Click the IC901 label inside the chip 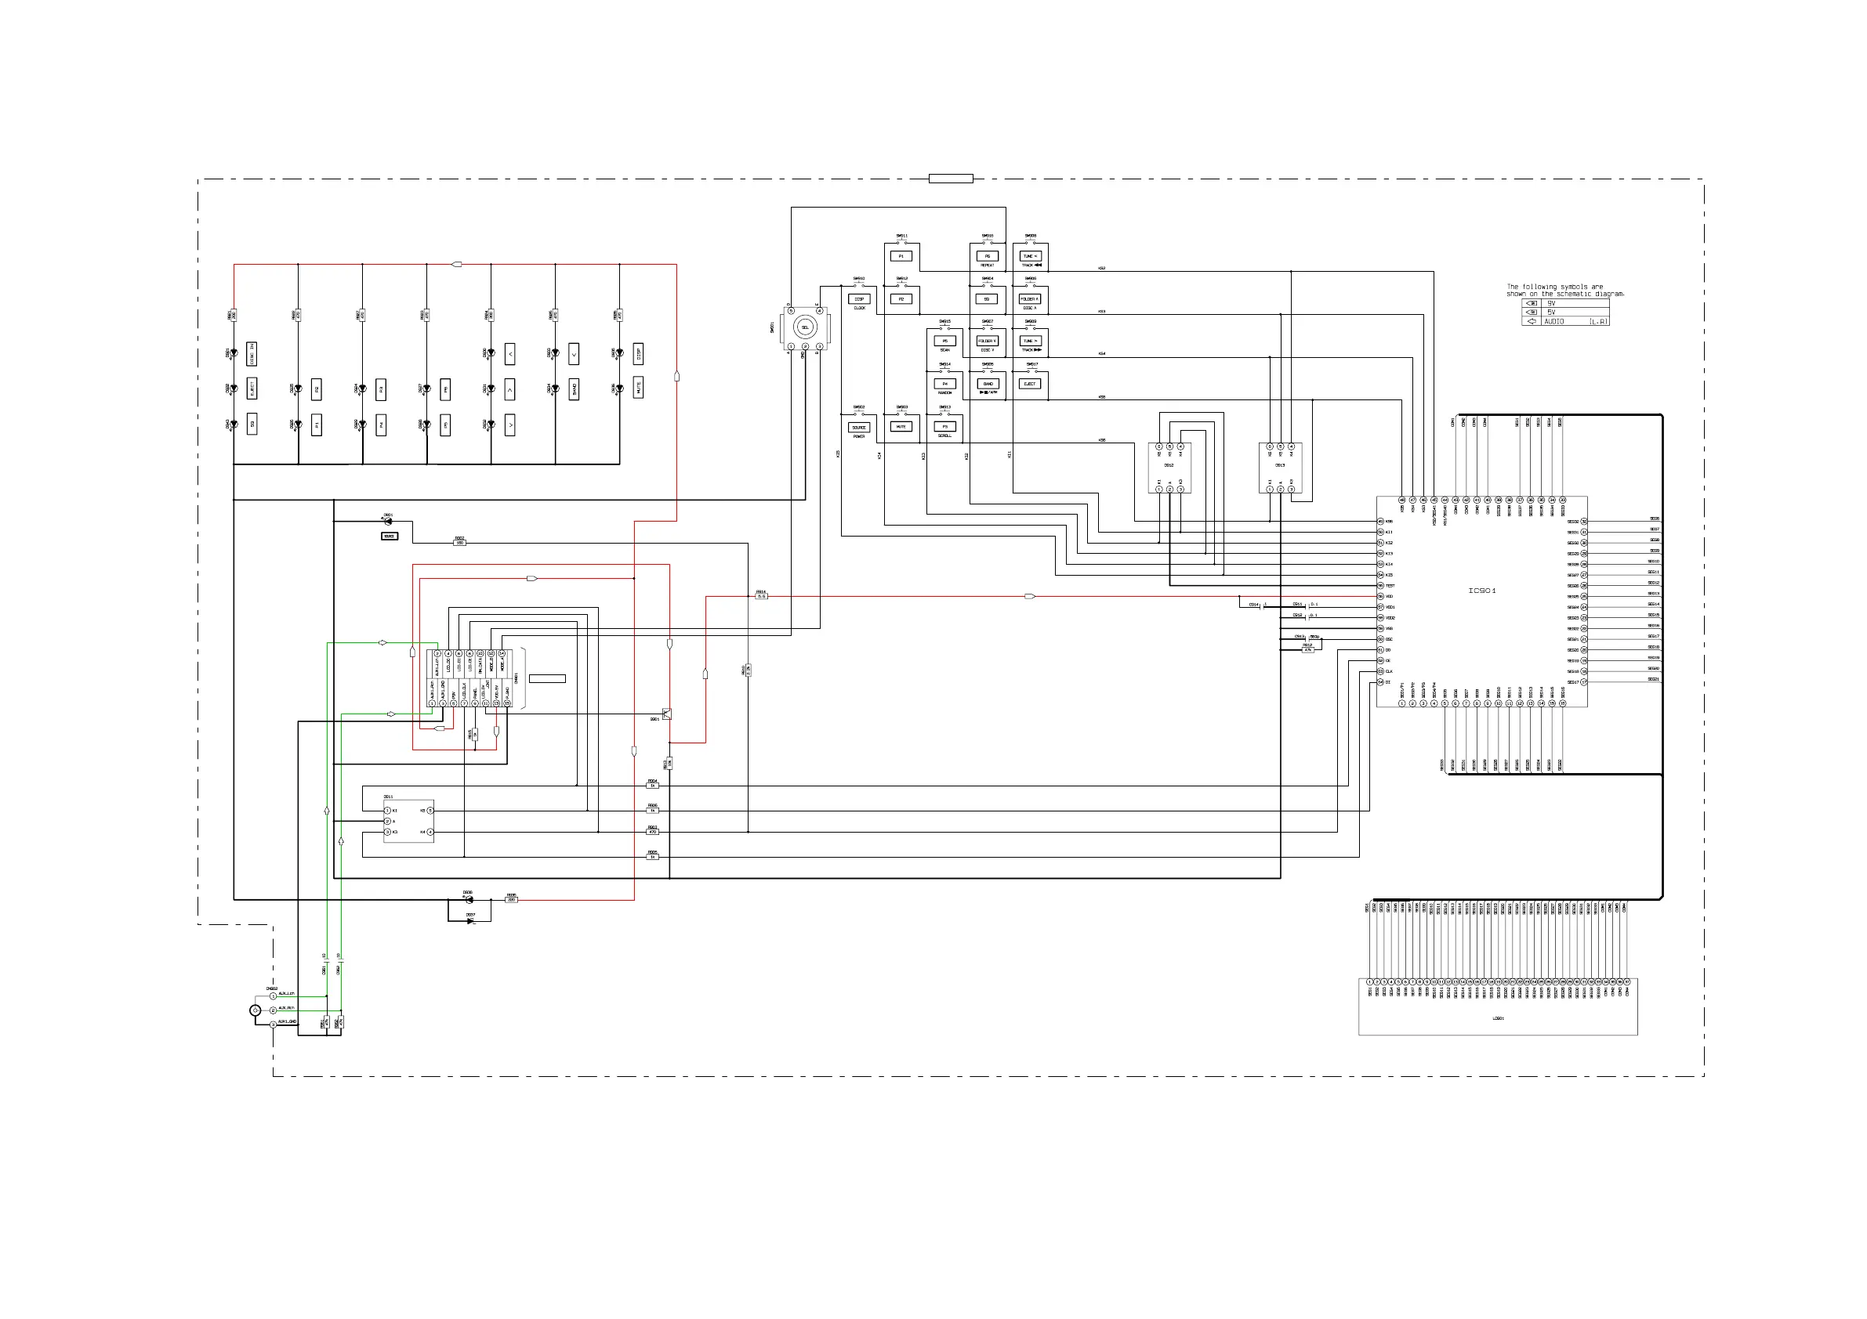pos(1481,591)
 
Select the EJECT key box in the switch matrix pos(1029,384)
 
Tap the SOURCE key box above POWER pos(859,428)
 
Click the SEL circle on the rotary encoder pos(805,327)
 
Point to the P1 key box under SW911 pos(901,256)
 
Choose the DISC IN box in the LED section pos(252,353)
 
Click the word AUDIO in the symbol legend pos(1554,322)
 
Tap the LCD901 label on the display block pos(1498,1018)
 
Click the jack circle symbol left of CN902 pos(256,1010)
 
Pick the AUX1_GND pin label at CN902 pos(287,1022)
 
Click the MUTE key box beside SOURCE pos(901,427)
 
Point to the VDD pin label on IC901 pos(1390,597)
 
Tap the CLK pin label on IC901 pos(1389,671)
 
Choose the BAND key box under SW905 pos(988,384)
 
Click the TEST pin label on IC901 pos(1390,586)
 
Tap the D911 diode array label pos(388,797)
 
